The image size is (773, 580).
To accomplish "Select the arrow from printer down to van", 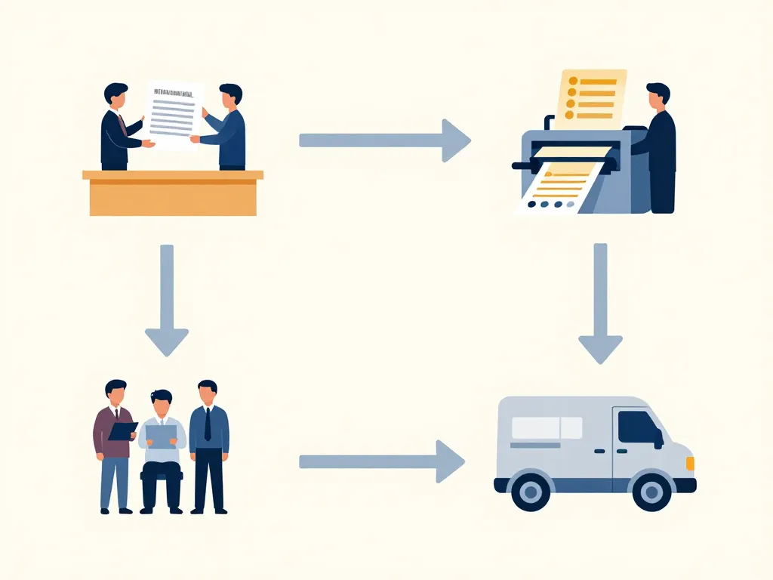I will tap(600, 302).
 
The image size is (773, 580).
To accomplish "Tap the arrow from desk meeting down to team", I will tap(167, 299).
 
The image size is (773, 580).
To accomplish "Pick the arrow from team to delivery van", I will tap(381, 461).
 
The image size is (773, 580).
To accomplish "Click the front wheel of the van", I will tap(651, 491).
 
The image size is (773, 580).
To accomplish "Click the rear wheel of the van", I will tap(531, 491).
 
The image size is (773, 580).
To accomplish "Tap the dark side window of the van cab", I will tap(638, 427).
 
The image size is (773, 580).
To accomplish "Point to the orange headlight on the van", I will tap(690, 463).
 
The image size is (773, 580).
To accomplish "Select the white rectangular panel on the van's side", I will tap(547, 427).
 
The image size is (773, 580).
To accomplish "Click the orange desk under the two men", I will tap(173, 194).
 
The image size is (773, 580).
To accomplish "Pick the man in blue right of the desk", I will tap(226, 128).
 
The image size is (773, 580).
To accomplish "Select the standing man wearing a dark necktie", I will tap(208, 446).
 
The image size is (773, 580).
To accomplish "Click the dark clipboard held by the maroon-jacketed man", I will tap(122, 430).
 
